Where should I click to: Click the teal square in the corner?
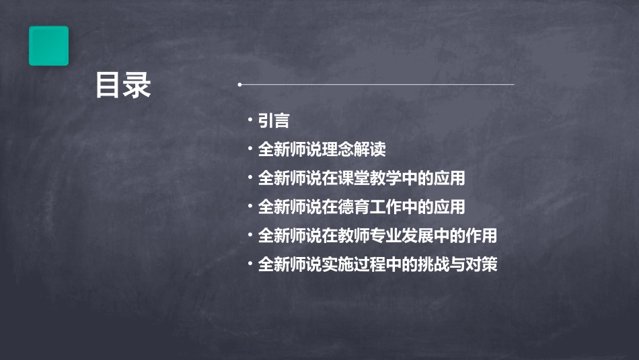coord(48,46)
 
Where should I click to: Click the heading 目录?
coord(123,85)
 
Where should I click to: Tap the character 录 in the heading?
coord(138,85)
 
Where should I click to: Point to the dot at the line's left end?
coord(239,85)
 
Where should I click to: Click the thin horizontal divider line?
coord(377,85)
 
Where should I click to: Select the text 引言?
coord(274,121)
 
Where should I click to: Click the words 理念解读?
coord(353,149)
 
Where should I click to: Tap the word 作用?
coord(482,236)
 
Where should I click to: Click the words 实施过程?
coord(353,264)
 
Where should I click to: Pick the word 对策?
coord(482,264)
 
